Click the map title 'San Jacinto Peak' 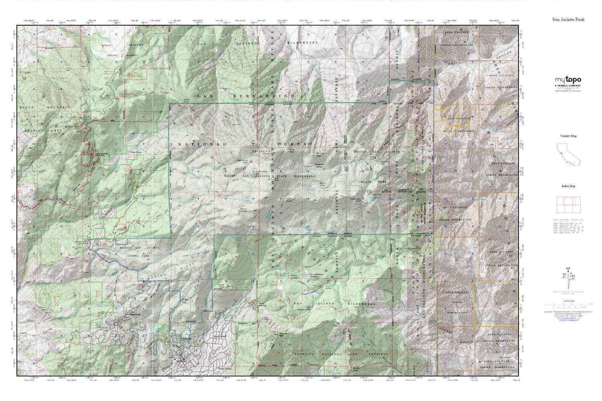568,19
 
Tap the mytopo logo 568,80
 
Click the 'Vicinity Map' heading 568,136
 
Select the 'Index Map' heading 568,186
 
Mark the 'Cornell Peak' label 320,154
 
